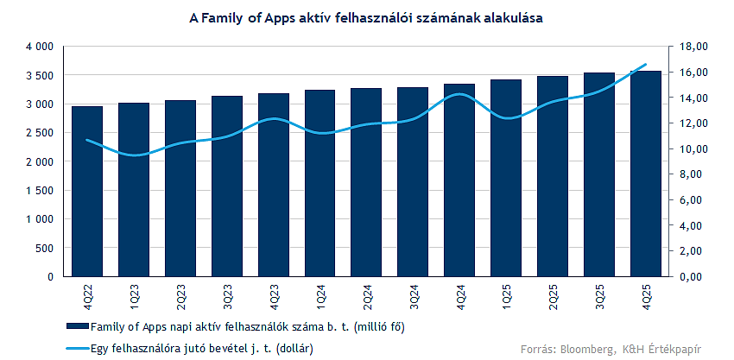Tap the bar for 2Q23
click(180, 188)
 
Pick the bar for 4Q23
click(274, 185)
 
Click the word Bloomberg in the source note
click(584, 349)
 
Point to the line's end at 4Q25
click(646, 65)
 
